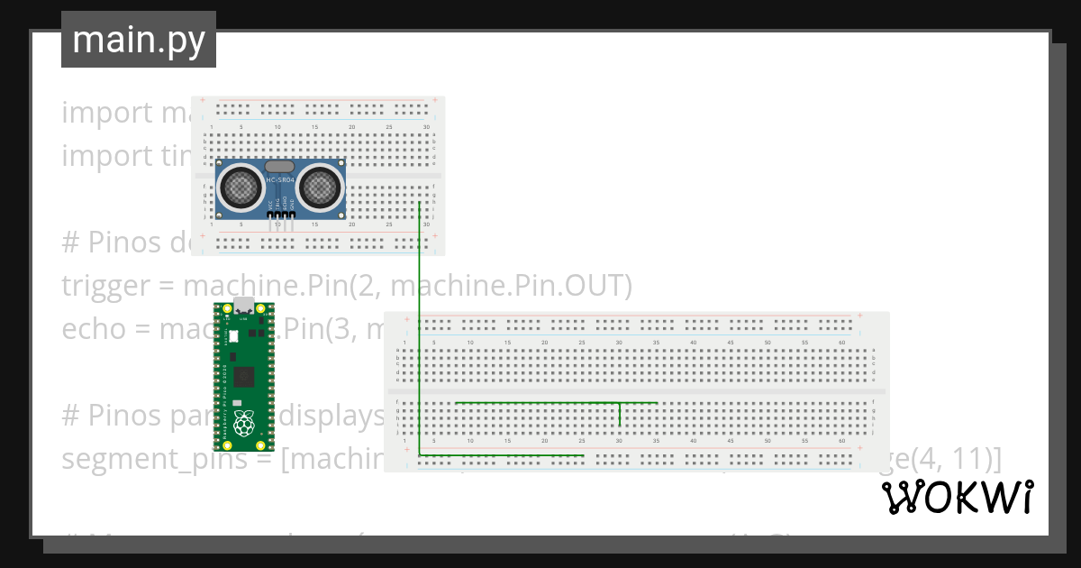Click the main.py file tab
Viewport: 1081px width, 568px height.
139,40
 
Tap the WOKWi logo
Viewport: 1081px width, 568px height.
957,497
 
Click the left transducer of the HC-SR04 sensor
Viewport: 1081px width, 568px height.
241,188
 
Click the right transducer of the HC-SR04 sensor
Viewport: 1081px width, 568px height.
320,188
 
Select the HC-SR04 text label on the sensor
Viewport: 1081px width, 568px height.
280,183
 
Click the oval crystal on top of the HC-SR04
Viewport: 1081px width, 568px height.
280,167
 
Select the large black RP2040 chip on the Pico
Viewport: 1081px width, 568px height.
242,375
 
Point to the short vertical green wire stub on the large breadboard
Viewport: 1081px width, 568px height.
620,414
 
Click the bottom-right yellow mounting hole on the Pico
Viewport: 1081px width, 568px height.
263,444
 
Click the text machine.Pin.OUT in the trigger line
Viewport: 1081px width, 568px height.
511,286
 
